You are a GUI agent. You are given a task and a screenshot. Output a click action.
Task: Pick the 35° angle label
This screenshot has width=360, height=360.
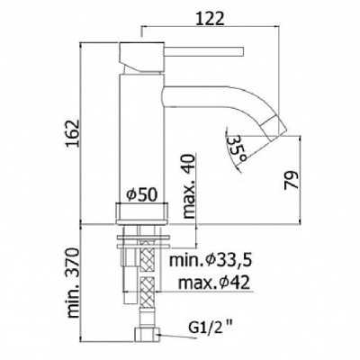pos(235,146)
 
